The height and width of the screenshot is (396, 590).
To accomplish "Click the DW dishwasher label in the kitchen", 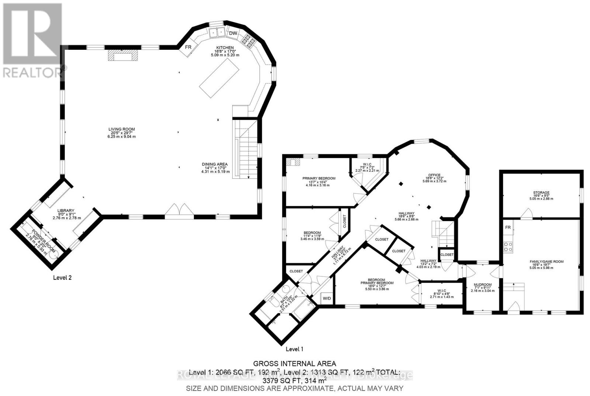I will point(233,34).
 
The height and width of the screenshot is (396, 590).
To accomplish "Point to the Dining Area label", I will point(215,164).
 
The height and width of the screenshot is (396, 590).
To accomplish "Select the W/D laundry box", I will point(327,298).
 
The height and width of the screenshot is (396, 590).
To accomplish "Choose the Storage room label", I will point(541,193).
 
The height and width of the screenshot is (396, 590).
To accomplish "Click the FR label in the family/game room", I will point(508,227).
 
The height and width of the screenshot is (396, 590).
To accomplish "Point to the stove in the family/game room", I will point(508,246).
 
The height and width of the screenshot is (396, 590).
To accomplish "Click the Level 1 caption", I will point(294,349).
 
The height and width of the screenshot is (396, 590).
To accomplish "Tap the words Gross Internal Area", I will point(294,364).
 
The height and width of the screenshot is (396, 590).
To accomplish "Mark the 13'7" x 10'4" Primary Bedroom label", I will point(319,178).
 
